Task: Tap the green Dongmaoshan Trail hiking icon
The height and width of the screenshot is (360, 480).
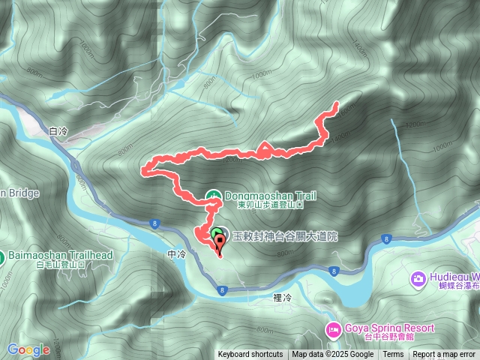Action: (214, 196)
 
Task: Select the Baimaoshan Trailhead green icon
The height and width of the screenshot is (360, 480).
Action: (3, 256)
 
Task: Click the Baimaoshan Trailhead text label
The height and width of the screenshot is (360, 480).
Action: (61, 256)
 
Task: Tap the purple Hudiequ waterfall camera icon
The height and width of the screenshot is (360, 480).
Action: (418, 279)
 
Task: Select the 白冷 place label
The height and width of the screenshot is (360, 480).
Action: (58, 131)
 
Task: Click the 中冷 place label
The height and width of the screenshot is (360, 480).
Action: (176, 255)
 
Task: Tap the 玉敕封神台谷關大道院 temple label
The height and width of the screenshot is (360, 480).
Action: (285, 236)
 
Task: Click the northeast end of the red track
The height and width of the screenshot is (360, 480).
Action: (336, 103)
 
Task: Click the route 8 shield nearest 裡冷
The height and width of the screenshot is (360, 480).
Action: (223, 289)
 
